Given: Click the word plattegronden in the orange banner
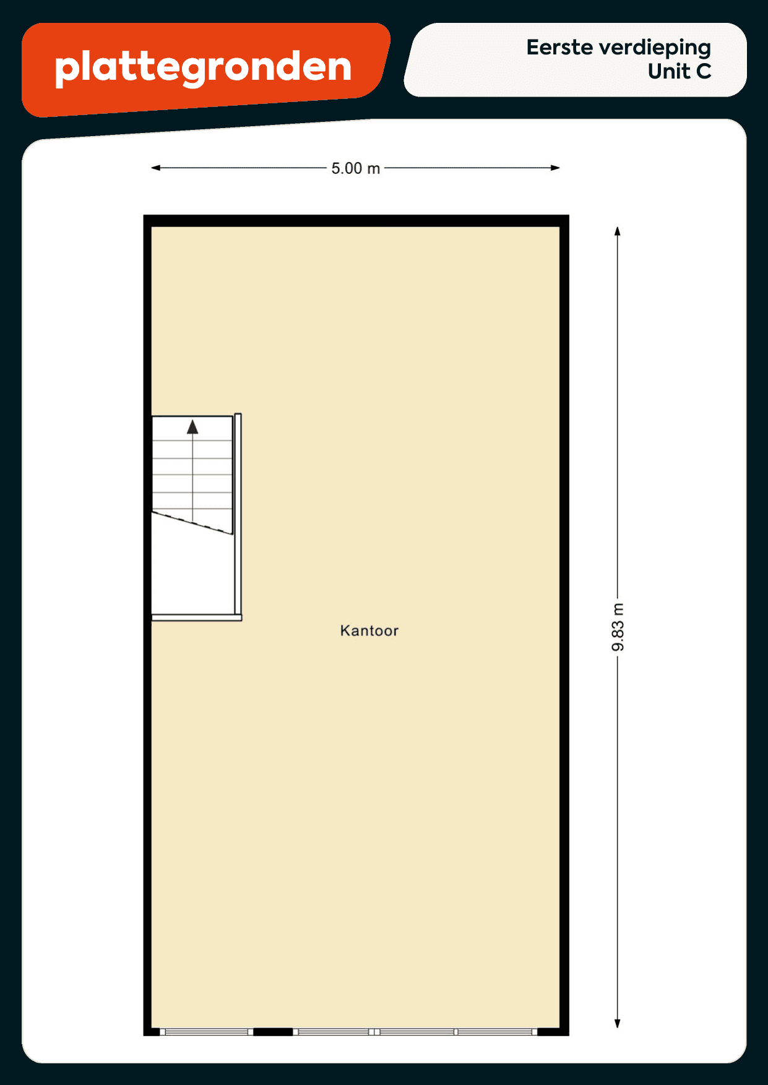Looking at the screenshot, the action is (x=203, y=67).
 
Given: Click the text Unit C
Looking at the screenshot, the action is (x=680, y=72).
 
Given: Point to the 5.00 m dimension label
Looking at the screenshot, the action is (x=356, y=168).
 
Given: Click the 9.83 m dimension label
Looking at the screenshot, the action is (x=618, y=627).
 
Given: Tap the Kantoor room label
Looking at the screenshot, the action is (x=369, y=631).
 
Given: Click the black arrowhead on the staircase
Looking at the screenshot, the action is (x=192, y=427).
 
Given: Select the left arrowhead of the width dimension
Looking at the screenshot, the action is (x=156, y=168).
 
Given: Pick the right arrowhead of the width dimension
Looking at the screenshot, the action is (x=555, y=168).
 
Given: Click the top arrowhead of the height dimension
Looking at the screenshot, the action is (x=617, y=231).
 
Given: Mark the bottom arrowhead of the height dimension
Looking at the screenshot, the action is (x=617, y=1024).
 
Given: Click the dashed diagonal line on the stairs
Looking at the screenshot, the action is (x=192, y=523).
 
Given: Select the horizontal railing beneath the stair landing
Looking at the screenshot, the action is (x=197, y=617).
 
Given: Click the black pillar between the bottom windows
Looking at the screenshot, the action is (x=273, y=1032).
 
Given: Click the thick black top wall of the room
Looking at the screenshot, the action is (x=356, y=221).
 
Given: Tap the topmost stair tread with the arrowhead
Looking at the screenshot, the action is (x=192, y=428).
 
